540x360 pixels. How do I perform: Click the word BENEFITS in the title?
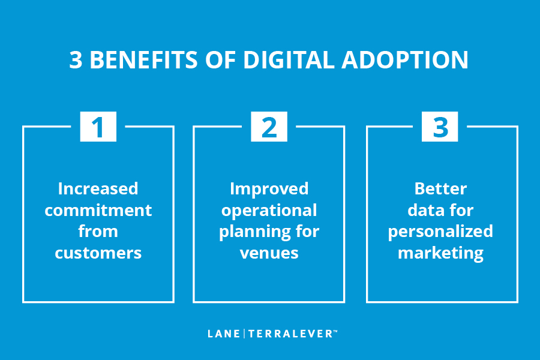143,60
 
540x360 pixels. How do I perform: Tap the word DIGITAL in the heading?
289,60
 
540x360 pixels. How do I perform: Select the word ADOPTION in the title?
405,60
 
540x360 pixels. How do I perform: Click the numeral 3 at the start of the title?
76,60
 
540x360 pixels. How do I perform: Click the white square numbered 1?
98,127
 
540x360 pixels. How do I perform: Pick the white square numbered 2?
269,127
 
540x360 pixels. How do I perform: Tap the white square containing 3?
440,127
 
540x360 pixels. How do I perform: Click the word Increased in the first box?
98,189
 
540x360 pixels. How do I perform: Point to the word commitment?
98,210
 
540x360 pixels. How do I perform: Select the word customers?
98,253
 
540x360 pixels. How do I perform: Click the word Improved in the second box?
269,190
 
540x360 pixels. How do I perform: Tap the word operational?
269,211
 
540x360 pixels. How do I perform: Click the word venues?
269,253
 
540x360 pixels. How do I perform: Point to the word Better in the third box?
440,189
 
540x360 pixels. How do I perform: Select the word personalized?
440,232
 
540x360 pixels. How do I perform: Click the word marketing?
440,254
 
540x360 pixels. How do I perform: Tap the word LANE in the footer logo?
224,334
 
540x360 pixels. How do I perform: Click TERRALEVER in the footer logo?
290,334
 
